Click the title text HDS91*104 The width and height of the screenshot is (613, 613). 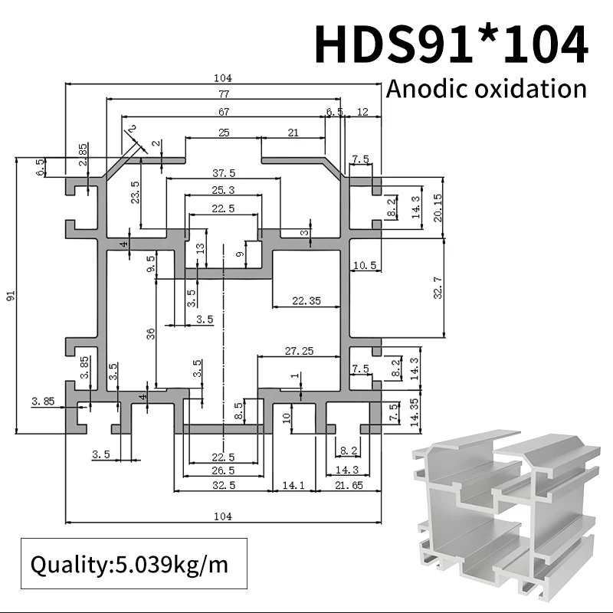[451, 44]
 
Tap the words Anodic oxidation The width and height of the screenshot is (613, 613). [486, 88]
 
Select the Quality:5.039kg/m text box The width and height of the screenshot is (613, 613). [129, 565]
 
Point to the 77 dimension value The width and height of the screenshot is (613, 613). [223, 94]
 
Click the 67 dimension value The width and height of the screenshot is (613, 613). [223, 112]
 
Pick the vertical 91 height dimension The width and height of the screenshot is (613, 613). [11, 296]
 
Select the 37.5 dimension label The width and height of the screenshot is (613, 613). [223, 172]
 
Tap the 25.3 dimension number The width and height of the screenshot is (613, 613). [223, 190]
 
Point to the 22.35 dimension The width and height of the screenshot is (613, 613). [306, 300]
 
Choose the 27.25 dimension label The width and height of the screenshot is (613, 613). [299, 351]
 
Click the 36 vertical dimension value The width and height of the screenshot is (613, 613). [151, 333]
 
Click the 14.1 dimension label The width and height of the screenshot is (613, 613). [294, 485]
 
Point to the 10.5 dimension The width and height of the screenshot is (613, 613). [363, 265]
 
